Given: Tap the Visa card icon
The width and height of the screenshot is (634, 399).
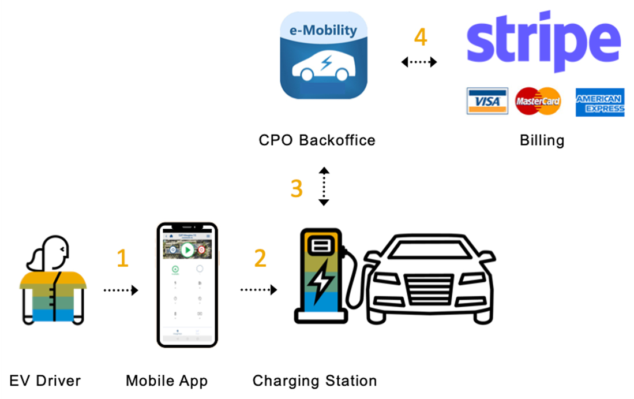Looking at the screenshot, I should click(487, 102).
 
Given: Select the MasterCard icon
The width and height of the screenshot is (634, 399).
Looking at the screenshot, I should click(538, 102).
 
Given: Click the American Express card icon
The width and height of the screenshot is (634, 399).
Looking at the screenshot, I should click(599, 103).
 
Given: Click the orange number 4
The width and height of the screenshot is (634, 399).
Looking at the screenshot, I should click(421, 38).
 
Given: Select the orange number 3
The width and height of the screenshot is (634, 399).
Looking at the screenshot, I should click(297, 188).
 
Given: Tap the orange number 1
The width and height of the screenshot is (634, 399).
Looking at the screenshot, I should click(122, 259).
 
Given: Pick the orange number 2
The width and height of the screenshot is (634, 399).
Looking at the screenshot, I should click(260, 258).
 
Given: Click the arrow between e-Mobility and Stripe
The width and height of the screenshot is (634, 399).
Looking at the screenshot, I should click(419, 62).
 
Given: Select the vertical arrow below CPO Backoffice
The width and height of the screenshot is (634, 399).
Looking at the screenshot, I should click(324, 187).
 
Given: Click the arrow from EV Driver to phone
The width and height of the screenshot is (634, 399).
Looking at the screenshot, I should click(121, 290).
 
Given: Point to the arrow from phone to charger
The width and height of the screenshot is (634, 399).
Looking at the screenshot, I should click(258, 290).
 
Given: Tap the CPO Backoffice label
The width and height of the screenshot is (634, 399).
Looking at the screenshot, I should click(317, 140).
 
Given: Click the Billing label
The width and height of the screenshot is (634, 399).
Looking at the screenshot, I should click(542, 140).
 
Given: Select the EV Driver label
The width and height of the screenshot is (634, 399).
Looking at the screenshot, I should click(45, 381).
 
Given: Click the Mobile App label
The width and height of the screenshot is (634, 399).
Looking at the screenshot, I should click(167, 381).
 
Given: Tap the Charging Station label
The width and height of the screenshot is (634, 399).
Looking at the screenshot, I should click(314, 381).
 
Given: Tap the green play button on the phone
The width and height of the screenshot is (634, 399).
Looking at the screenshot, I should click(186, 250).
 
